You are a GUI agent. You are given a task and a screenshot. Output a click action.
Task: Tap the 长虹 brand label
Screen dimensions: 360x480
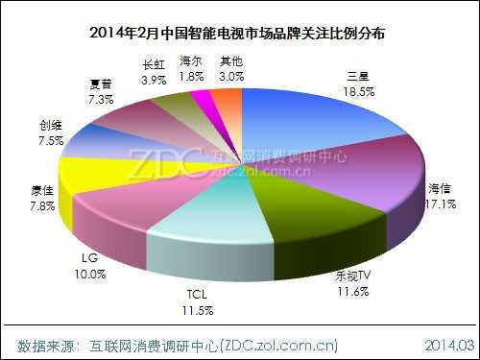coord(154,65)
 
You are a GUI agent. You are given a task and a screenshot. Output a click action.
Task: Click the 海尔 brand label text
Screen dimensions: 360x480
coord(191,62)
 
